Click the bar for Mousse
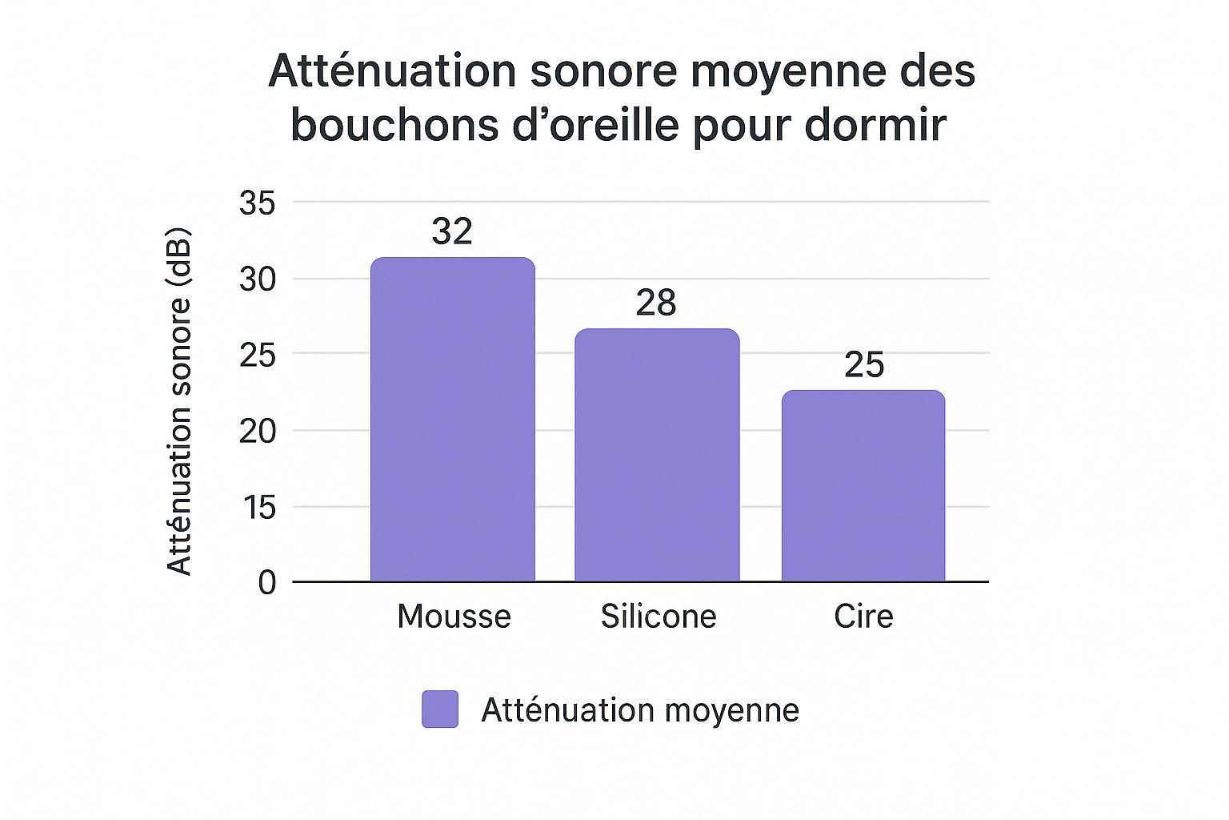point(452,420)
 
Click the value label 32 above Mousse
point(452,231)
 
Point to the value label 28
point(656,303)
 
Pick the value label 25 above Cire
point(864,365)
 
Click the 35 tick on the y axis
point(257,203)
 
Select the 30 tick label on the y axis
point(257,279)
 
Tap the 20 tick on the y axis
point(257,431)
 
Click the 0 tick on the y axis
point(266,582)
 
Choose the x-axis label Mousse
point(454,617)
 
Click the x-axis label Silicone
point(659,617)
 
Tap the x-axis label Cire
point(863,617)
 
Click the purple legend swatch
point(440,709)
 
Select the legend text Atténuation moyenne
point(640,710)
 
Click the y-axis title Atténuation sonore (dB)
point(179,402)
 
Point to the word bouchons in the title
point(394,125)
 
